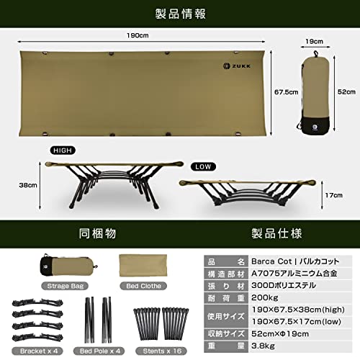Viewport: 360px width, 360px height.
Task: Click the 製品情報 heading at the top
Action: (180, 14)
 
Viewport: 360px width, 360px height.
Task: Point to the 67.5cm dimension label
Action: (283, 92)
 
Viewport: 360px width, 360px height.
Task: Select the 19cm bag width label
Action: (313, 41)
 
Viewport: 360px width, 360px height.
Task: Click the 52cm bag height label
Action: (347, 91)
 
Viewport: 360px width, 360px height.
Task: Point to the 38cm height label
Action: (29, 184)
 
